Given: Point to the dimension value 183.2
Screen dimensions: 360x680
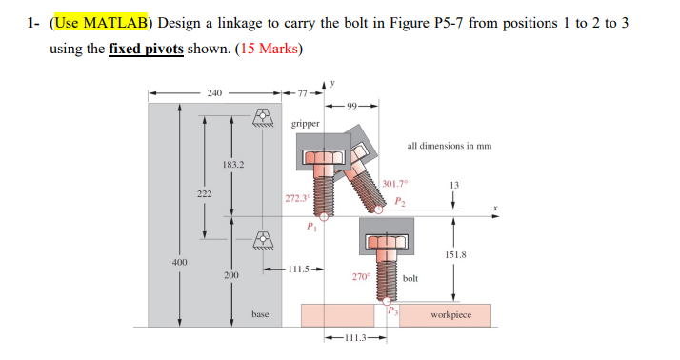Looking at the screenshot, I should [x=232, y=165].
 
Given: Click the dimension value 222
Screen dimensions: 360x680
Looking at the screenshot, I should [x=202, y=192].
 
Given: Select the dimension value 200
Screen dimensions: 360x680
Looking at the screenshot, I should [x=230, y=274].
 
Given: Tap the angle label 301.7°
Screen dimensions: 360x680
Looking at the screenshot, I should [x=393, y=183].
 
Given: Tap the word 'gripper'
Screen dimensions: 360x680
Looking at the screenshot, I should [x=306, y=124].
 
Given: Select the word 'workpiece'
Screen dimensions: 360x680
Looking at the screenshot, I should [x=451, y=313].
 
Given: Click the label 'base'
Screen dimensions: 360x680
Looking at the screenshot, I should [x=260, y=313].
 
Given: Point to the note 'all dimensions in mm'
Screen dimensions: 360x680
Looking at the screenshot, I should [x=448, y=146].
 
